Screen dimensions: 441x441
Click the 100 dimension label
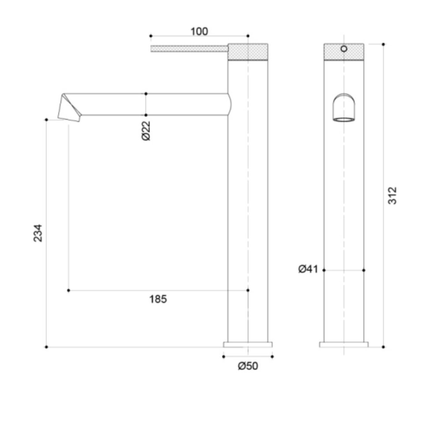click(x=199, y=31)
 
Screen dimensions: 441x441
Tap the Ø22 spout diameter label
click(x=146, y=131)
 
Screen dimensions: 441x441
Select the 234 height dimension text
click(x=37, y=233)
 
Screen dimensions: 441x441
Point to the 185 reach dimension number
click(x=158, y=299)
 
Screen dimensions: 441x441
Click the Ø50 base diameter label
click(x=248, y=366)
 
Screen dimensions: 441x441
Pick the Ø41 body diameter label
click(x=308, y=269)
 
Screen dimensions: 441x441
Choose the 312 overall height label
click(x=392, y=195)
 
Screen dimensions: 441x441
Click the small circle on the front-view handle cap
click(x=344, y=49)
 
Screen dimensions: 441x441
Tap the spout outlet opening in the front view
click(x=344, y=119)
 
